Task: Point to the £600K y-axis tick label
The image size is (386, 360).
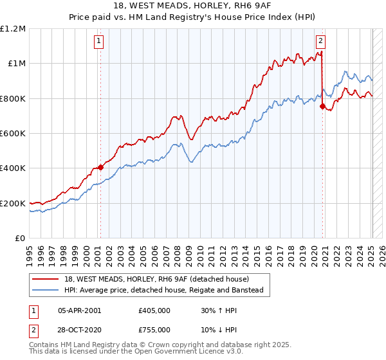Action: pyautogui.click(x=13, y=134)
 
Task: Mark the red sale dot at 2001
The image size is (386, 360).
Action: pyautogui.click(x=100, y=168)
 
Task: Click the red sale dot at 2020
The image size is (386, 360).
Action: pyautogui.click(x=323, y=107)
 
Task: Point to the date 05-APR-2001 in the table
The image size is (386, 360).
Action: pyautogui.click(x=79, y=310)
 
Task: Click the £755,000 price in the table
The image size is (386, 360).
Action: pyautogui.click(x=154, y=328)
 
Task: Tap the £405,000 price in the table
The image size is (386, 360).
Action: pyautogui.click(x=154, y=310)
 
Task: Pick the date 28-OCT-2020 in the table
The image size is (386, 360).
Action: pyautogui.click(x=80, y=328)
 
